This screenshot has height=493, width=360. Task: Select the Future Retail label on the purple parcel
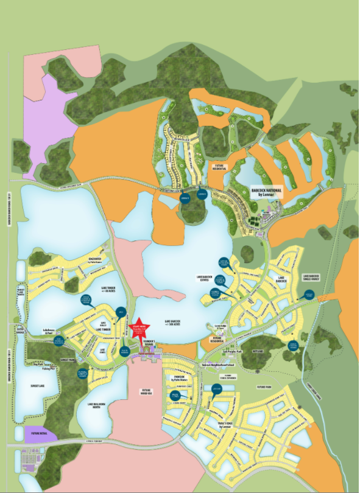pos(41,434)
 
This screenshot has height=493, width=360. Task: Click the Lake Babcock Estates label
pos(208,277)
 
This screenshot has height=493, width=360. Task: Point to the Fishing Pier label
pos(49,368)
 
